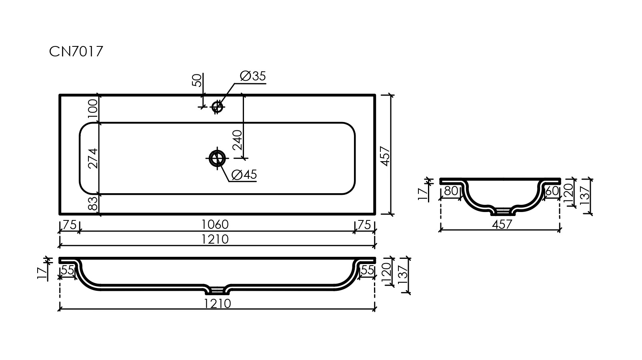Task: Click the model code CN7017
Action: point(76,52)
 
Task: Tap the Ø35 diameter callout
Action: point(253,76)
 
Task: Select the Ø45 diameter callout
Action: point(244,174)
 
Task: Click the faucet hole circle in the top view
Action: point(217,106)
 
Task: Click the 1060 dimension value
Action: point(215,224)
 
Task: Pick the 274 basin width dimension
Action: point(92,158)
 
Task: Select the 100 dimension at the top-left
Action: point(92,109)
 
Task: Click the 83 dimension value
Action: point(92,204)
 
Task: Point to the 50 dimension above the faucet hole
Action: point(197,80)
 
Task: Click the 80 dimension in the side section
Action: point(451,191)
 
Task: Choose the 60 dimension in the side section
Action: point(552,191)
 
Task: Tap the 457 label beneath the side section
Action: point(502,224)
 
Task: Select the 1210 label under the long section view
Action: point(217,304)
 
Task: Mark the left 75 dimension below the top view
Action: point(69,224)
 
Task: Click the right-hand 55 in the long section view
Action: point(367,270)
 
